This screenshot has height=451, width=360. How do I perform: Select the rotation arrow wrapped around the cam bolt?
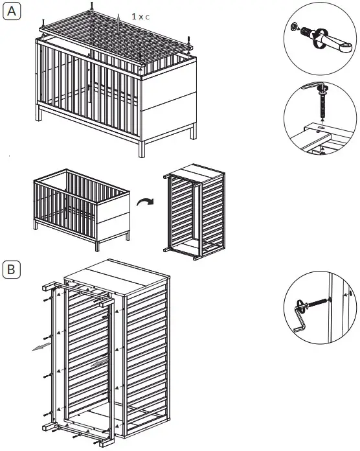(x=318, y=40)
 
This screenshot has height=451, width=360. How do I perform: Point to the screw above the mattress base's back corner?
(x=93, y=6)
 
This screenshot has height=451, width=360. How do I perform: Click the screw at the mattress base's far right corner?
(x=188, y=43)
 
